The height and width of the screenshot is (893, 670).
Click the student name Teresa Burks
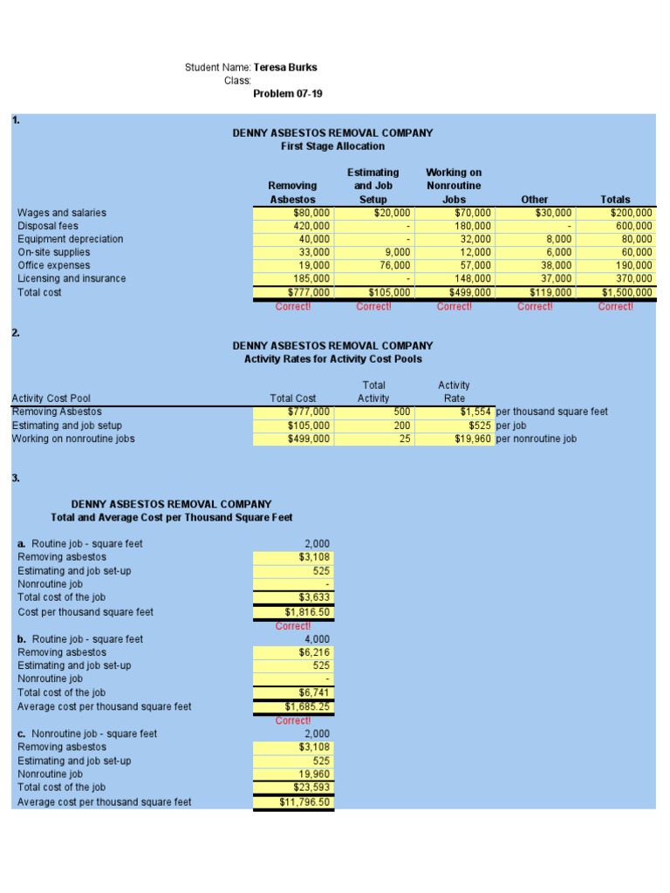click(285, 67)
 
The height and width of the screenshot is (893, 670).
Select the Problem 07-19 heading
click(287, 93)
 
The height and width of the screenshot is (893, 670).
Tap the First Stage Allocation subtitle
click(332, 147)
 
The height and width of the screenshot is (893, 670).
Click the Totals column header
click(615, 199)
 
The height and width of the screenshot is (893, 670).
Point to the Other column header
click(534, 199)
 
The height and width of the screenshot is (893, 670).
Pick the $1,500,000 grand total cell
click(626, 293)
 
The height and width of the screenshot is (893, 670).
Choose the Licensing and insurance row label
click(72, 279)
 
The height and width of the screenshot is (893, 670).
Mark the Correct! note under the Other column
click(535, 306)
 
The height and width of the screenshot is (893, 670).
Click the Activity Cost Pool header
click(51, 399)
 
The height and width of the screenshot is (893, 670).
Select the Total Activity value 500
click(401, 412)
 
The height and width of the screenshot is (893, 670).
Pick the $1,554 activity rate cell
click(476, 412)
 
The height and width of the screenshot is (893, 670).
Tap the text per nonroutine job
click(536, 439)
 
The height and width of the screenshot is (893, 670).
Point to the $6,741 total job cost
click(313, 692)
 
